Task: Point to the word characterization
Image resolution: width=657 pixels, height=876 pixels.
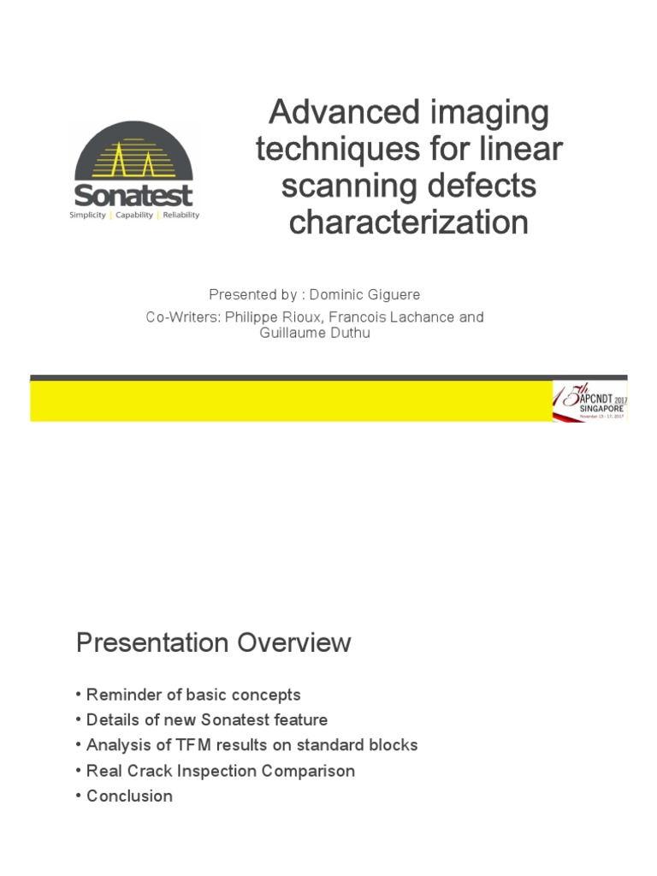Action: coord(408,222)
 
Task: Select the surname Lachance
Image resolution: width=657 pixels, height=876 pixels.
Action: coord(417,317)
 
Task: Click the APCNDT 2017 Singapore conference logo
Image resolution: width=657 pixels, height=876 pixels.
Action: coord(589,400)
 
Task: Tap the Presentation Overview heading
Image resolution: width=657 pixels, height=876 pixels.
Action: coord(213,643)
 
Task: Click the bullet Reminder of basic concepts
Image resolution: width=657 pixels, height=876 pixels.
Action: coord(193,695)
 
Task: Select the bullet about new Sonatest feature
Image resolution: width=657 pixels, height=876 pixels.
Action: coord(207,719)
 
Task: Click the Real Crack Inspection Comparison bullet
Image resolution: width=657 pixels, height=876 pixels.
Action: coord(221,771)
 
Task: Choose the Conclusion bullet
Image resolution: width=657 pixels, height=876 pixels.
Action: coord(129,796)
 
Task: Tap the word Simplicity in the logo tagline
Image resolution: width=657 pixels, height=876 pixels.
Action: coord(88,216)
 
